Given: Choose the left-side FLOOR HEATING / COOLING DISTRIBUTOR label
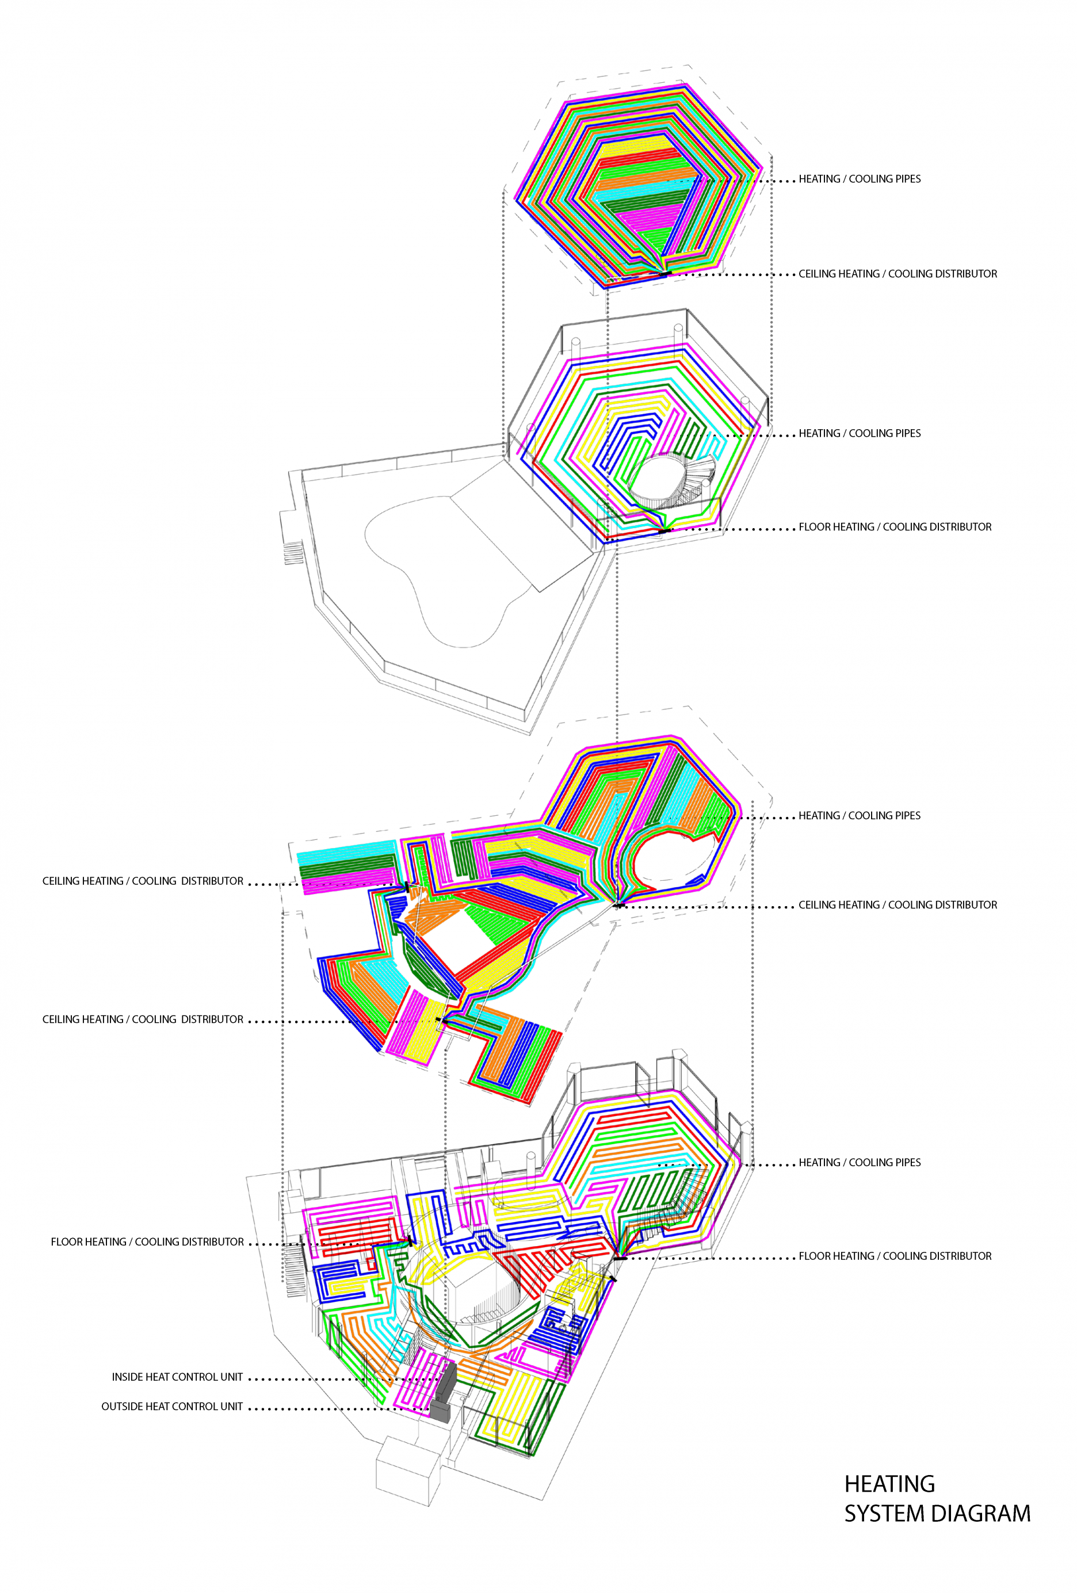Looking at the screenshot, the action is tap(147, 1241).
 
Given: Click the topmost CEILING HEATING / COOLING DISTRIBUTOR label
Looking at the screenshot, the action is tap(897, 273).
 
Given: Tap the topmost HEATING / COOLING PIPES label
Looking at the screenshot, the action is tap(860, 179).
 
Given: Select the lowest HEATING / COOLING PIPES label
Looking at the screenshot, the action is tap(860, 1162).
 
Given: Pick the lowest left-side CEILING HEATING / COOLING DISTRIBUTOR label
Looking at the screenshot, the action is tap(143, 1019).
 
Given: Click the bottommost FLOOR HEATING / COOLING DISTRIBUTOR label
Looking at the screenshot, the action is tap(895, 1256).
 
